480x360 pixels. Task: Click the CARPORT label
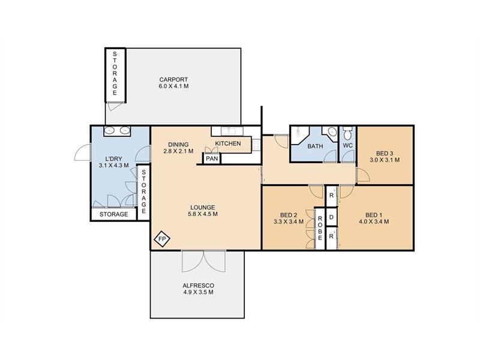pos(173,80)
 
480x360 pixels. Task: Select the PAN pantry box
pos(212,158)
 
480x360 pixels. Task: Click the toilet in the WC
pos(348,133)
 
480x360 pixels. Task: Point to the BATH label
pos(315,146)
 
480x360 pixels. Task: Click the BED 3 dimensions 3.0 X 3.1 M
pos(385,160)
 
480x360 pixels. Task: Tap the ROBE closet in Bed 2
pos(320,228)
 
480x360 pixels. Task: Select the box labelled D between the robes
pos(331,217)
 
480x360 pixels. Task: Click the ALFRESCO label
pos(199,286)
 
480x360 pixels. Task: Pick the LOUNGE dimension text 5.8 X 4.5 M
pos(203,214)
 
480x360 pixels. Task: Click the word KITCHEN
pos(228,143)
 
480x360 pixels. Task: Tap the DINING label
pos(178,144)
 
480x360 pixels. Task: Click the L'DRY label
pos(113,159)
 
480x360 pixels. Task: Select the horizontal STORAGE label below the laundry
pos(113,214)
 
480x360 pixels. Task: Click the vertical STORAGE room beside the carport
pos(115,75)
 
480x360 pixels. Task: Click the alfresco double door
pos(204,261)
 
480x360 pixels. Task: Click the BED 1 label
pos(374,215)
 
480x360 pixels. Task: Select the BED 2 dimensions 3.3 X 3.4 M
pos(289,221)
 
